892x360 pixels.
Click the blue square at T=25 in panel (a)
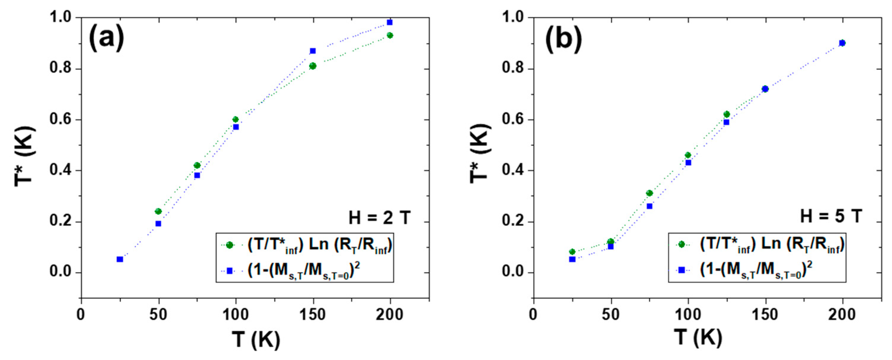coord(120,259)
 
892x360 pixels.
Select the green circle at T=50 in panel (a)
coord(159,211)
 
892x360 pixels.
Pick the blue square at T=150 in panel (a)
coord(313,51)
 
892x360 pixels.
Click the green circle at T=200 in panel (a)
coord(390,35)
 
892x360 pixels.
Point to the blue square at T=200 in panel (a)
coord(390,23)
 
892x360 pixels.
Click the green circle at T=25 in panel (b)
coord(572,252)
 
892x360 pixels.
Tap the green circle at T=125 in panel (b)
coord(727,114)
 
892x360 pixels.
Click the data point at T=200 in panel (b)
coord(842,43)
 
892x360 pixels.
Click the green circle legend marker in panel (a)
coord(229,245)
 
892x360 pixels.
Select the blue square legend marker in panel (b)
coord(681,270)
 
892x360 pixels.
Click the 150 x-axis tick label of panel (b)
coord(765,314)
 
